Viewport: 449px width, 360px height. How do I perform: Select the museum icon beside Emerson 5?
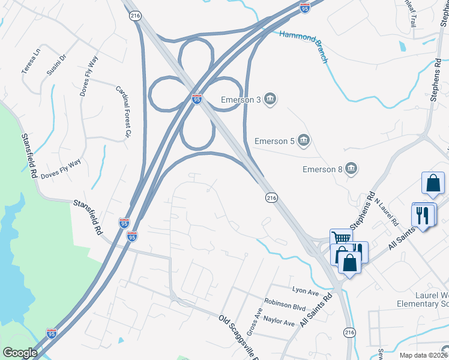[304, 141]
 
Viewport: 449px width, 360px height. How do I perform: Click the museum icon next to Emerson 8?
[351, 170]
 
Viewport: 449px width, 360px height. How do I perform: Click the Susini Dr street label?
[56, 64]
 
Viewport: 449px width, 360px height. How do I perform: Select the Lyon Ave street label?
[305, 291]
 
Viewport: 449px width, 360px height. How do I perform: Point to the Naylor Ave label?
[280, 323]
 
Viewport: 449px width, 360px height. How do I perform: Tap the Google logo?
[20, 353]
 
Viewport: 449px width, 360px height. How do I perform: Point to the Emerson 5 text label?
[274, 141]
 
